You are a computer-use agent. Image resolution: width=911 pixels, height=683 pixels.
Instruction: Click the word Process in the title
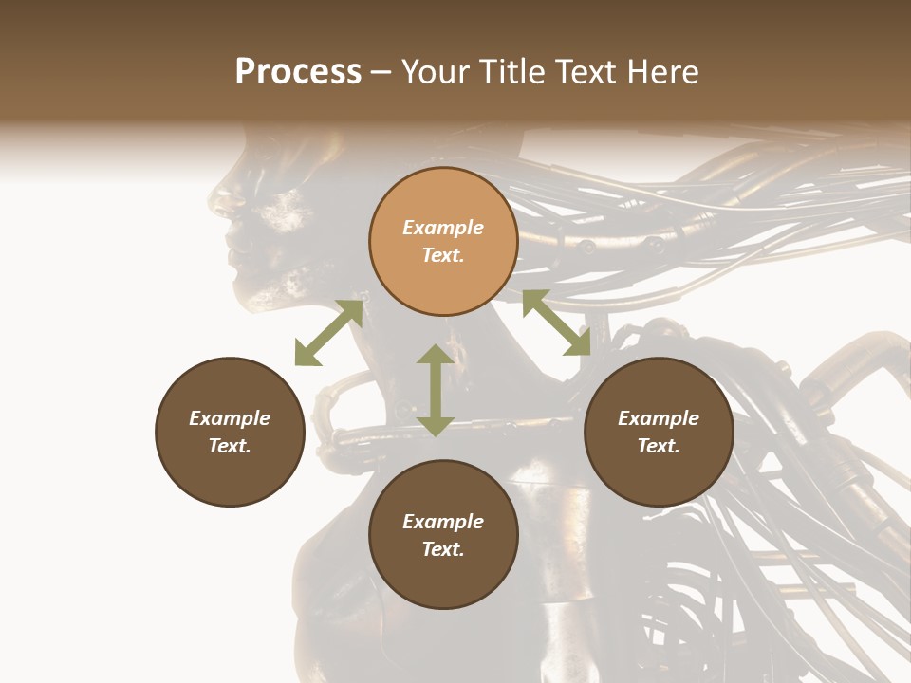pos(298,72)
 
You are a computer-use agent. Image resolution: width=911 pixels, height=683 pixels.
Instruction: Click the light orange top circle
pos(443,241)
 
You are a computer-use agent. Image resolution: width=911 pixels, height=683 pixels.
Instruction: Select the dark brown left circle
pos(230,432)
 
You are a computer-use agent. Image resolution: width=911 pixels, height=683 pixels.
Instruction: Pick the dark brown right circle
pos(659,432)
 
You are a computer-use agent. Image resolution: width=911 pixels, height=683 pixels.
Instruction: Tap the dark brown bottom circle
pos(443,535)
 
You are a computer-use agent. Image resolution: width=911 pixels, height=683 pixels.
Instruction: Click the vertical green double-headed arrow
pos(436,390)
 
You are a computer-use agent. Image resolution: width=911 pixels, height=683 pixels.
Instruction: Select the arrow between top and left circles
pos(328,333)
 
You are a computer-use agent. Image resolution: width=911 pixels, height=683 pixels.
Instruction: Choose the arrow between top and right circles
pos(556,323)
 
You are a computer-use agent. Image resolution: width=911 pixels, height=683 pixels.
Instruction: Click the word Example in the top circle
pos(443,228)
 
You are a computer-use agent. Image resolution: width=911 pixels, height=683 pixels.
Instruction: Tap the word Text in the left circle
pos(230,446)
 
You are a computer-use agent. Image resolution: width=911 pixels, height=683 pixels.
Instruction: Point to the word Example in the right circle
pos(659,418)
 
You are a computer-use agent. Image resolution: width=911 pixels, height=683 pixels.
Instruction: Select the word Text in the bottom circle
pos(443,549)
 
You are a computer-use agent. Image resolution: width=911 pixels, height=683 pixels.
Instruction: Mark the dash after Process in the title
pos(381,73)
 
